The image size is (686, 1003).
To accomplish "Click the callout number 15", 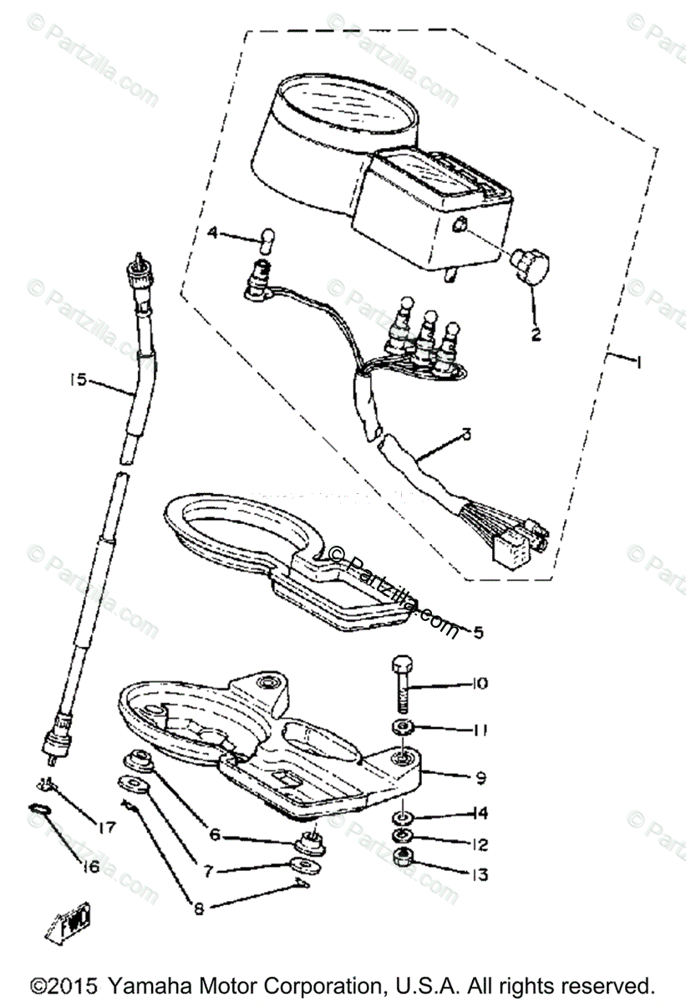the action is [78, 380].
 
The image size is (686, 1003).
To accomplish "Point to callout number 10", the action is [479, 684].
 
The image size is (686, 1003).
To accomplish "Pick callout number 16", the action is [89, 867].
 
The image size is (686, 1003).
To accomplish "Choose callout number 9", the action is [480, 777].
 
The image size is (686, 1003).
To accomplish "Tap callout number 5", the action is [477, 632].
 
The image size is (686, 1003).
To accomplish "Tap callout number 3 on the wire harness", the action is [465, 435].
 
